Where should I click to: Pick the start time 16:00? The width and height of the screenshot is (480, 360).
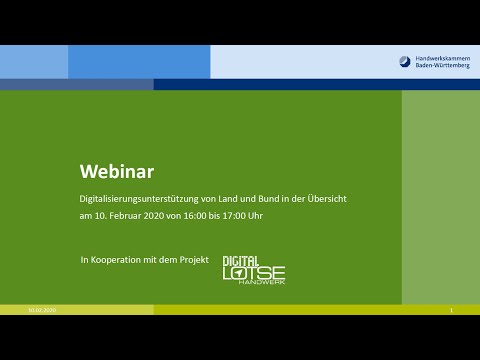tap(220, 216)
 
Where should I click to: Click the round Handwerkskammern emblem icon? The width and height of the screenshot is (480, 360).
tap(405, 61)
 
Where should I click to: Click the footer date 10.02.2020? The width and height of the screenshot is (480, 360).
tap(42, 311)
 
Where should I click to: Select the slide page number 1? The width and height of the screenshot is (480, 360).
tap(452, 311)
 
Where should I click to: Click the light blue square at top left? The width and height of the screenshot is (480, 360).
tap(33, 62)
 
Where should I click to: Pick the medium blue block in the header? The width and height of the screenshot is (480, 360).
tap(139, 62)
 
